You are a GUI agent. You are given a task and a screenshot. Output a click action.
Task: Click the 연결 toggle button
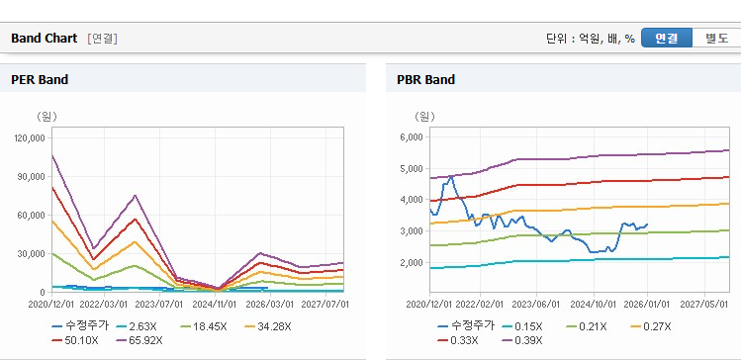coord(667,38)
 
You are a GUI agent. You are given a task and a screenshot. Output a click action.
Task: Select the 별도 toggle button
coord(716,38)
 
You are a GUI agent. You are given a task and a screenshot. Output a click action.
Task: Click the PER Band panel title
coord(40,80)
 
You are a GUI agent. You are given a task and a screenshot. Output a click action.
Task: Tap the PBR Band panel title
coord(426,80)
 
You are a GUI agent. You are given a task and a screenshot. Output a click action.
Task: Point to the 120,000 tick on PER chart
coord(30,137)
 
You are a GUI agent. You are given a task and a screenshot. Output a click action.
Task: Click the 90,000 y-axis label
coord(32,177)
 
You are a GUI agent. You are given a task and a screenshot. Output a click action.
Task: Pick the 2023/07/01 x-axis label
coord(159,304)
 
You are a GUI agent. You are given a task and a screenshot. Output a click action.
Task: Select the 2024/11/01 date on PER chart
coord(215,304)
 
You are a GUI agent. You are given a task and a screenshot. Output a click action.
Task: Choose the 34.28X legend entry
coord(268,326)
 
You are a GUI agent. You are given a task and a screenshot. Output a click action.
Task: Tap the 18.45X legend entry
coord(204,326)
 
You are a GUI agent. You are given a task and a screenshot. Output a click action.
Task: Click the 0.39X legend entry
coord(522,340)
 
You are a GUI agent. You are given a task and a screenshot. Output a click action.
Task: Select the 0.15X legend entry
coord(522,326)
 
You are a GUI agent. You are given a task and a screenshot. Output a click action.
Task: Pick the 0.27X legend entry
coord(651,326)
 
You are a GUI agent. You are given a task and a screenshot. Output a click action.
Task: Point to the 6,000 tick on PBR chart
coord(412,137)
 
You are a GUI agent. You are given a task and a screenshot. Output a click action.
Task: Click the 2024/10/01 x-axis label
coord(593,304)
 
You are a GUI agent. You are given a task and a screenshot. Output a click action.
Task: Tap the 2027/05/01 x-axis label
coord(704,304)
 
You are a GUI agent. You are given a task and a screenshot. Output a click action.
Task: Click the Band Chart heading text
coord(44,39)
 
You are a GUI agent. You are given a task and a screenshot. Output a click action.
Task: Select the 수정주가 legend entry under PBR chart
coord(466,326)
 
